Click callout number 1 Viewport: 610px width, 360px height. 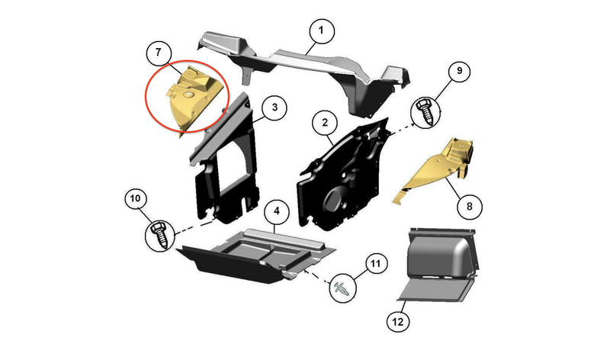tap(321, 31)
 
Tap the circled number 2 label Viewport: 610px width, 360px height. tap(325, 123)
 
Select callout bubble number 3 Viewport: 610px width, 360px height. tap(274, 108)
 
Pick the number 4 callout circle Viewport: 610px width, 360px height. tap(277, 211)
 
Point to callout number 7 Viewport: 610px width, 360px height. tap(159, 53)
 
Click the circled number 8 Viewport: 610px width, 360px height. tap(469, 206)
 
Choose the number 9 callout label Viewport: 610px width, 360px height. tap(460, 71)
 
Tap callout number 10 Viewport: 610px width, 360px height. tap(136, 199)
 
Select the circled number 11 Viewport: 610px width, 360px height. tap(375, 264)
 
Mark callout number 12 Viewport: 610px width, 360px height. tap(398, 322)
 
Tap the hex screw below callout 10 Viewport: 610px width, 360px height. tap(160, 235)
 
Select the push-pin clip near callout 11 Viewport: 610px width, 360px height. tap(341, 289)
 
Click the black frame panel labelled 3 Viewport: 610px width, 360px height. tap(226, 163)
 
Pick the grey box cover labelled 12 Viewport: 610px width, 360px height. tap(440, 265)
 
